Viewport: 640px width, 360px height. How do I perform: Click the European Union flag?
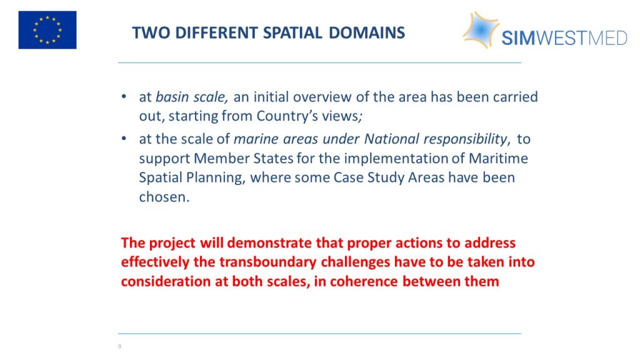coord(47,30)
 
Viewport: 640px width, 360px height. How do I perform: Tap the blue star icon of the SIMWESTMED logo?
coord(481,29)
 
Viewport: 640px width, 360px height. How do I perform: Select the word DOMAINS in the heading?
coord(367,32)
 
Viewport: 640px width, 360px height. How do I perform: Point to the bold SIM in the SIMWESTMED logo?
coord(518,38)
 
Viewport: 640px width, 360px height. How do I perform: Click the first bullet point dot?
coord(124,97)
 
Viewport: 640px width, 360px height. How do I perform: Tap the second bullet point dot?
coord(124,139)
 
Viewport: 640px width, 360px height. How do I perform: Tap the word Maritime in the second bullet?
coord(498,158)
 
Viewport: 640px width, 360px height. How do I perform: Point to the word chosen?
coord(164,197)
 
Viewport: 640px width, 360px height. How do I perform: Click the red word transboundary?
coord(267,262)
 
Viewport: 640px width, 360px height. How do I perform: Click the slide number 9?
coord(119,346)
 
